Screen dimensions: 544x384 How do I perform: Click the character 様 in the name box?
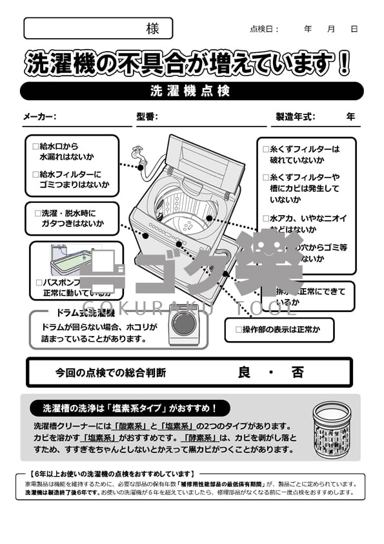152,28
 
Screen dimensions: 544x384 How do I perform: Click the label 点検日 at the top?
264,29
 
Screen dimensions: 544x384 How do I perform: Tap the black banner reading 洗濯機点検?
191,91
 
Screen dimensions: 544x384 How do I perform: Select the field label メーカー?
39,117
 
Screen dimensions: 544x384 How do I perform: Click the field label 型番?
147,117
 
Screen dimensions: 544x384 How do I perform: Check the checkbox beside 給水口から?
35,147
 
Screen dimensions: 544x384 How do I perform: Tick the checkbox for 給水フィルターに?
35,174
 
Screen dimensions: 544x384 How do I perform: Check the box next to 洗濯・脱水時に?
37,213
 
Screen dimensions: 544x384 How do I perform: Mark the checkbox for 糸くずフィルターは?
266,149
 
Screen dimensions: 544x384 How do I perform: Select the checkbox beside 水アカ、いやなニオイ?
266,218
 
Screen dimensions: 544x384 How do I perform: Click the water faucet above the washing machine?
136,154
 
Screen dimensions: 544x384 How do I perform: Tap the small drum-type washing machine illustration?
184,322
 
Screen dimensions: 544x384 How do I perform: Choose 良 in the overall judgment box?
244,373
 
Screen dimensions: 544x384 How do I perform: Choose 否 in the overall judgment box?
297,373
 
